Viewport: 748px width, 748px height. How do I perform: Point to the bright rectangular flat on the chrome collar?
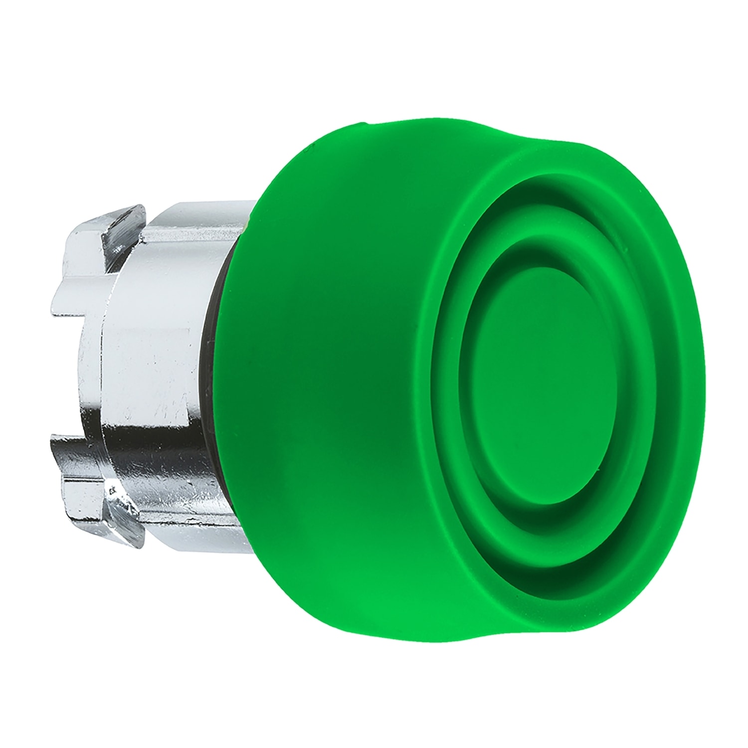(150, 349)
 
